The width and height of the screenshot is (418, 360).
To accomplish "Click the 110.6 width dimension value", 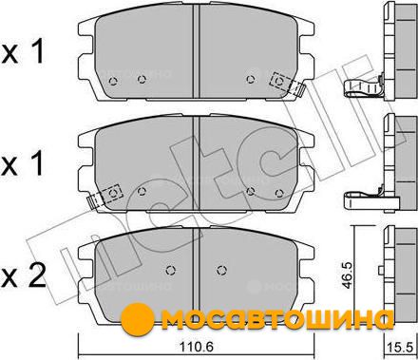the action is (196, 347).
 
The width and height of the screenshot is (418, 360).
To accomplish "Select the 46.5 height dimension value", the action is (347, 275).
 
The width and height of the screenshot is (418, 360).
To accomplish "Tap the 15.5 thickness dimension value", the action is (400, 347).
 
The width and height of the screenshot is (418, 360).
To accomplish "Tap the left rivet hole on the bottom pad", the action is (171, 270).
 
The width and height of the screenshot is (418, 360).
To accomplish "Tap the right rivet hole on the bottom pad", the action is (221, 270).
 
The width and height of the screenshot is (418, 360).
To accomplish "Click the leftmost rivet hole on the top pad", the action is (113, 82).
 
